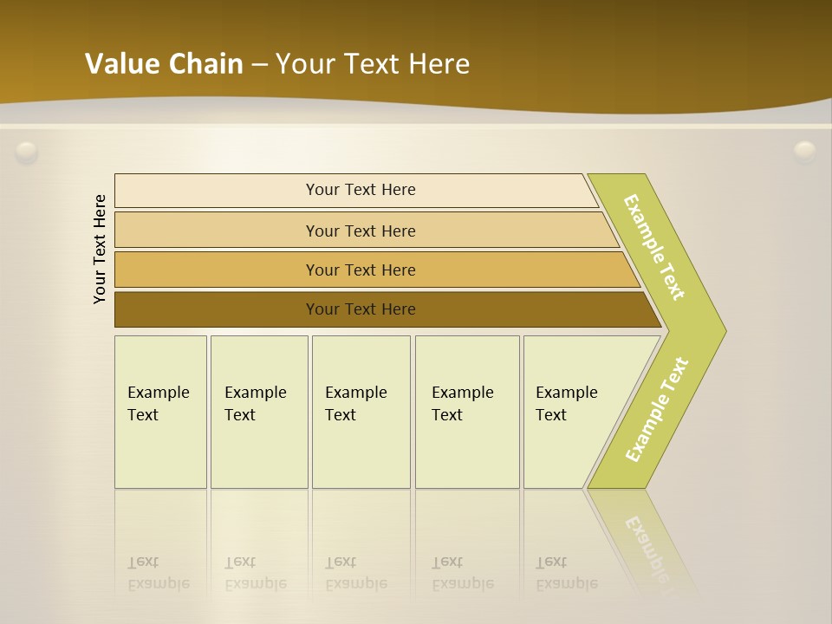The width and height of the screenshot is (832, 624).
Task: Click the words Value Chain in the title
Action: click(x=164, y=63)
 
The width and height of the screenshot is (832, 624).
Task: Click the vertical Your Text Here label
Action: click(x=100, y=249)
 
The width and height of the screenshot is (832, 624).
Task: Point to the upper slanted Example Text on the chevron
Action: click(x=654, y=247)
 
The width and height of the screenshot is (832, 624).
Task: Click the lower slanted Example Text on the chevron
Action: click(x=657, y=409)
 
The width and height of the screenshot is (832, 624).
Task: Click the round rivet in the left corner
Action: click(x=27, y=153)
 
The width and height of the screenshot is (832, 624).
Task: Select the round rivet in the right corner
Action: click(x=805, y=153)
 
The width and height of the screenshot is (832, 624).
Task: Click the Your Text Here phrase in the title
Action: click(x=373, y=63)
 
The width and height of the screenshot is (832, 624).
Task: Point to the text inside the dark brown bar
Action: click(x=361, y=309)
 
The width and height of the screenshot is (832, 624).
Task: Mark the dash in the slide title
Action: click(x=259, y=64)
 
